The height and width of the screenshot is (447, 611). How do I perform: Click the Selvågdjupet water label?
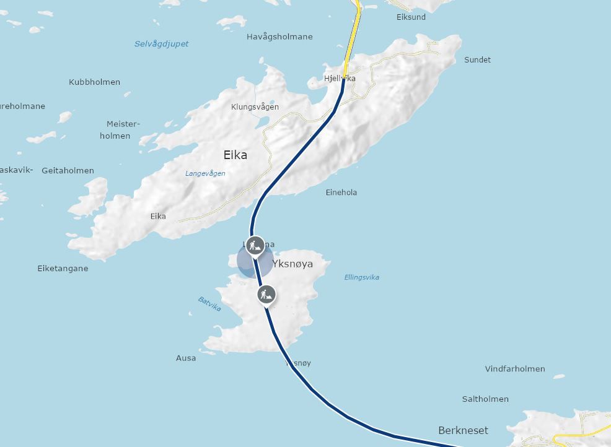pos(162,44)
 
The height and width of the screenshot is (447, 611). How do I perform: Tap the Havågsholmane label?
pos(279,37)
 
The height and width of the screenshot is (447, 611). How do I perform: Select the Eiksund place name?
pos(411,17)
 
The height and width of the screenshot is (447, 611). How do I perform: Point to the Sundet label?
pos(477,59)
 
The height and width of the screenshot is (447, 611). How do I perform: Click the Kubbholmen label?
pos(95,82)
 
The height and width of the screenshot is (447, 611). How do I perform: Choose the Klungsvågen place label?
pos(255,106)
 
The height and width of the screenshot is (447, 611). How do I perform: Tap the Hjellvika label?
pos(340,79)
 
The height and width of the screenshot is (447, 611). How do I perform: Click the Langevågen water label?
pos(205,173)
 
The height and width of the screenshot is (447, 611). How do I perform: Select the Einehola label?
pos(341,192)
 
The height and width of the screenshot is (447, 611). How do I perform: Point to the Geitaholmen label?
pos(68,170)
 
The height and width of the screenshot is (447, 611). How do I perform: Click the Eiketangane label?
pos(63,268)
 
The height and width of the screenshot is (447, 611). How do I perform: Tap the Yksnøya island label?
pos(292,264)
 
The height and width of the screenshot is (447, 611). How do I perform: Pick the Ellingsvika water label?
pos(362,277)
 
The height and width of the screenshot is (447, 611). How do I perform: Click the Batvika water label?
pos(209,304)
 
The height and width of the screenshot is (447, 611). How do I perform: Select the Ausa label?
pos(186,358)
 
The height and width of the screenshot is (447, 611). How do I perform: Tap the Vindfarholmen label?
pos(515,368)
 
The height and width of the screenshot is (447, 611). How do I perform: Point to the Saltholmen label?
pos(485,399)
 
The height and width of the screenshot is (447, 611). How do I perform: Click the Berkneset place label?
pos(463,430)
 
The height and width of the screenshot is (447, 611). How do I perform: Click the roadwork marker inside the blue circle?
pos(255,245)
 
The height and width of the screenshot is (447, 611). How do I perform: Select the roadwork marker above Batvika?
pos(266,295)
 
